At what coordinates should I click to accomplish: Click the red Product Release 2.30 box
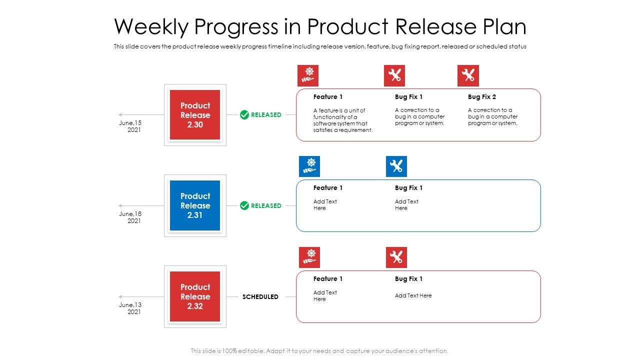195,115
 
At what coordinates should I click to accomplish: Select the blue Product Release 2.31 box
195,205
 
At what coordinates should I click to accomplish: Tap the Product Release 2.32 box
195,296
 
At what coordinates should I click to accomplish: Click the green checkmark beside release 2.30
244,115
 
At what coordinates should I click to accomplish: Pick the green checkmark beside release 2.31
244,205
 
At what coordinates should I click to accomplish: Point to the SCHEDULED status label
260,297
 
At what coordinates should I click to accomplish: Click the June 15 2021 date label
130,126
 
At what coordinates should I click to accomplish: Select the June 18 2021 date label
130,217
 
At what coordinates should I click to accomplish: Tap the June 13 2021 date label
130,308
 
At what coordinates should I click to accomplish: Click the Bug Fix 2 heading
482,97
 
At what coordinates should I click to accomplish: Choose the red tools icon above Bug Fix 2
468,75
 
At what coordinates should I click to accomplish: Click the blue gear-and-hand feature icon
309,166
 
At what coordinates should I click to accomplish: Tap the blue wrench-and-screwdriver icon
396,166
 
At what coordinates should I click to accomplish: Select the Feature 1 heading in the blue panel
327,187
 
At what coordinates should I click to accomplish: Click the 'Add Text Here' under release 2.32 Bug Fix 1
413,295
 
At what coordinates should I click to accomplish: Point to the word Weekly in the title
151,26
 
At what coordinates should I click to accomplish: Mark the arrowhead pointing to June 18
120,205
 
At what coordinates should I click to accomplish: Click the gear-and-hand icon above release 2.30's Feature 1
307,75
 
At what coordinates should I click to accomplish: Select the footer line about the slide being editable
319,351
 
